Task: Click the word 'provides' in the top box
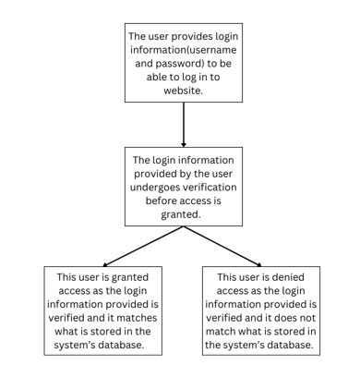(195, 38)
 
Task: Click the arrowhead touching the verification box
(184, 143)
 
